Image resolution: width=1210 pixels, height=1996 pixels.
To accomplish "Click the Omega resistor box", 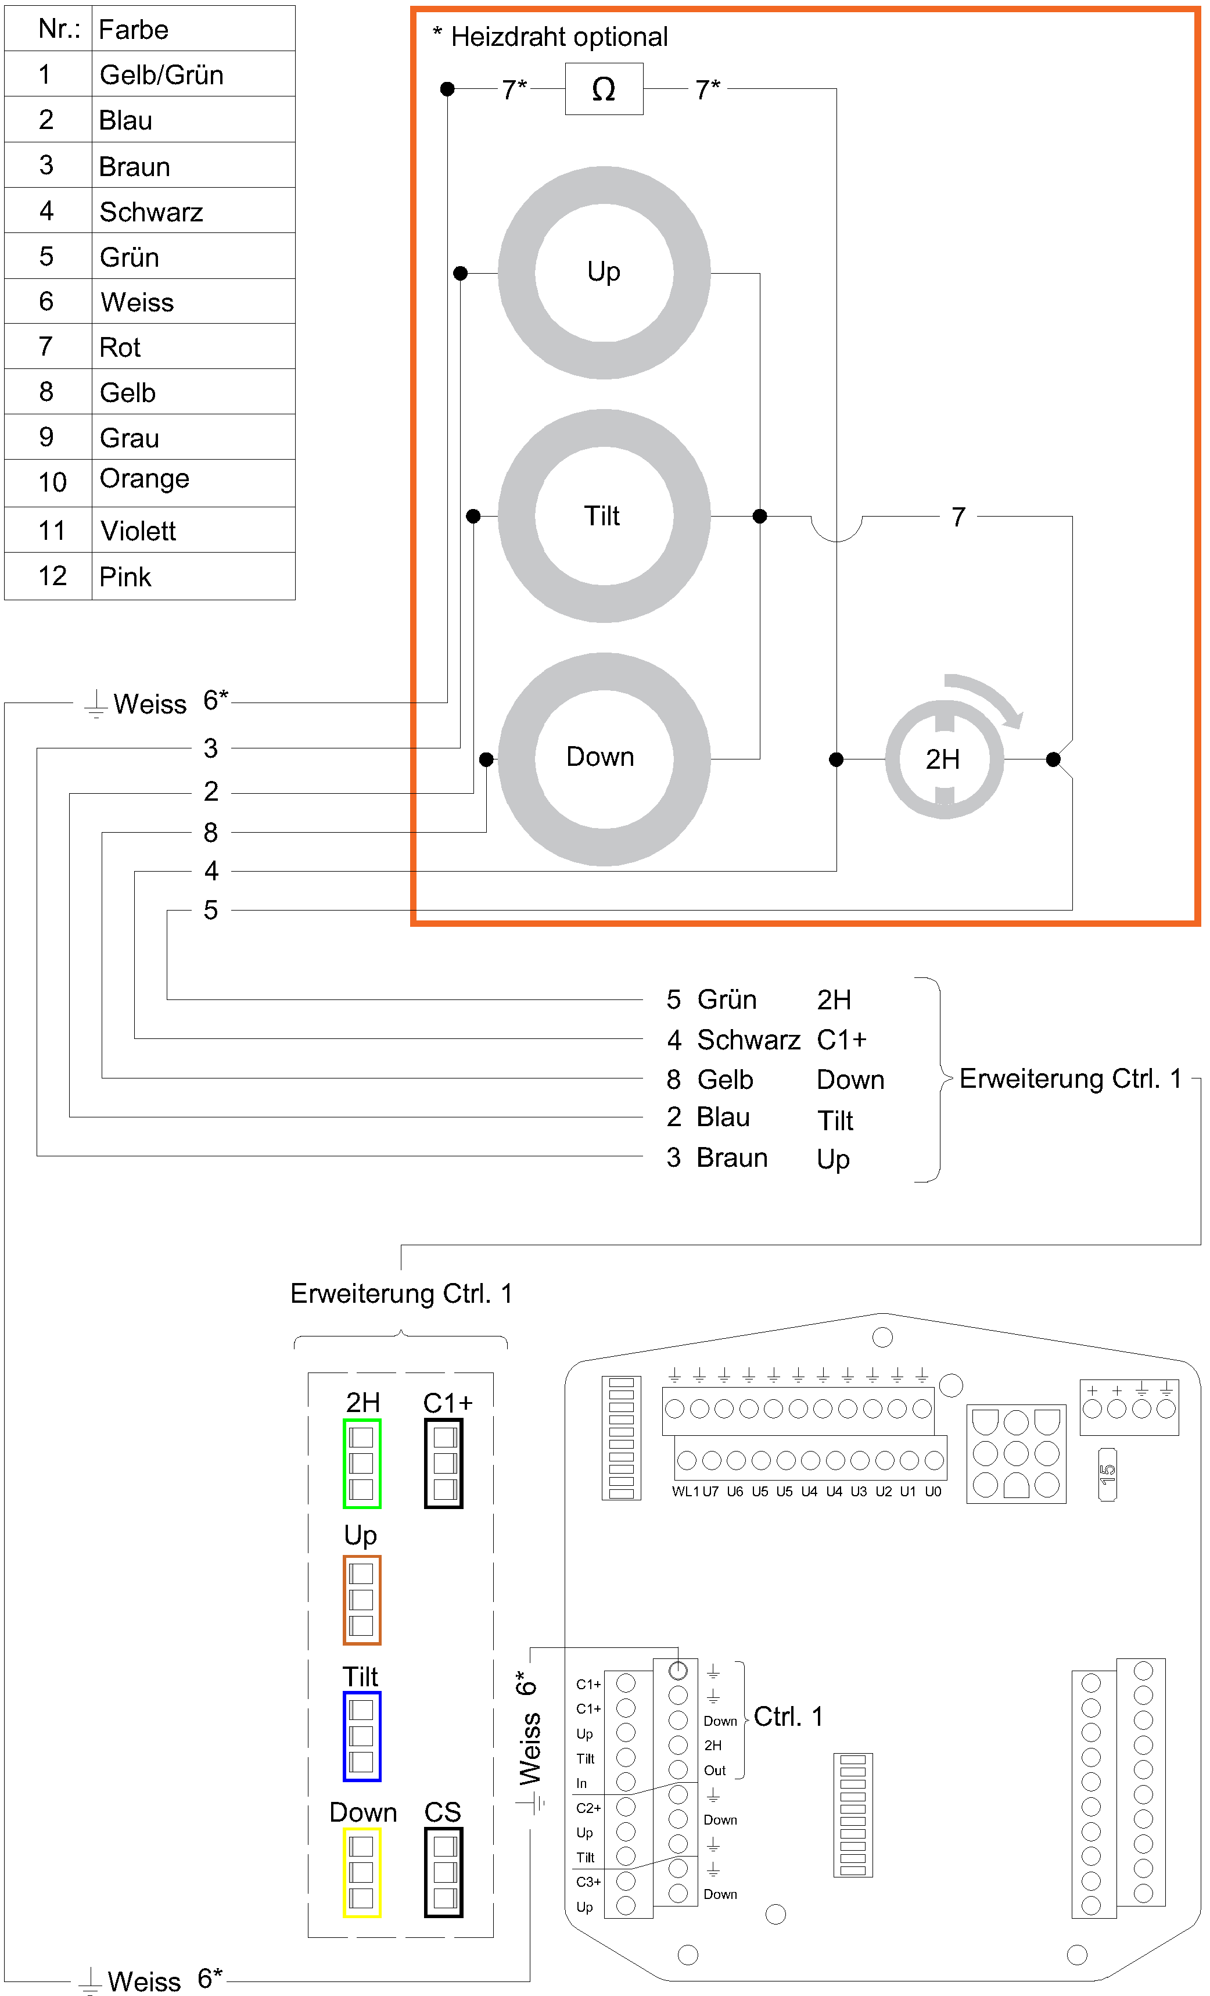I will pyautogui.click(x=604, y=89).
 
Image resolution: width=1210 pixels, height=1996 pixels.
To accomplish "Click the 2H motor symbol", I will pyautogui.click(x=943, y=759).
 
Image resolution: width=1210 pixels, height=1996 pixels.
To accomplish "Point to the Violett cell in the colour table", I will pyautogui.click(x=138, y=531).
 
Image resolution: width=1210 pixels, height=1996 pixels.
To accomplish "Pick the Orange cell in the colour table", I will pyautogui.click(x=144, y=479).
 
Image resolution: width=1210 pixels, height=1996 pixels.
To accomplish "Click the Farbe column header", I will pyautogui.click(x=134, y=30).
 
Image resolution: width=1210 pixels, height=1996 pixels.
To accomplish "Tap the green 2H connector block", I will pyautogui.click(x=362, y=1463).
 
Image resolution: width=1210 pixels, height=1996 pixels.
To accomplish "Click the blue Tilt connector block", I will pyautogui.click(x=362, y=1736).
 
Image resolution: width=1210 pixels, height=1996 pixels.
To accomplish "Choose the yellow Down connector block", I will pyautogui.click(x=362, y=1872).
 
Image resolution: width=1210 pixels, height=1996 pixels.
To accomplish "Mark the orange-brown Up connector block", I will pyautogui.click(x=362, y=1600).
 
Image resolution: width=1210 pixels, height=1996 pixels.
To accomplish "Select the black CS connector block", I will pyautogui.click(x=444, y=1872).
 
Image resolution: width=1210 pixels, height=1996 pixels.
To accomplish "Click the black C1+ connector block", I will pyautogui.click(x=444, y=1463).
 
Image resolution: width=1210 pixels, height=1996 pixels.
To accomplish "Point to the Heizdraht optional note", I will pyautogui.click(x=551, y=37).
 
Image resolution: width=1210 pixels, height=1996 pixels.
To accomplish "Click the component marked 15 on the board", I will pyautogui.click(x=1107, y=1474).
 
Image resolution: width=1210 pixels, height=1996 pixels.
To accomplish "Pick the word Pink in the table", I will pyautogui.click(x=125, y=577).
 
